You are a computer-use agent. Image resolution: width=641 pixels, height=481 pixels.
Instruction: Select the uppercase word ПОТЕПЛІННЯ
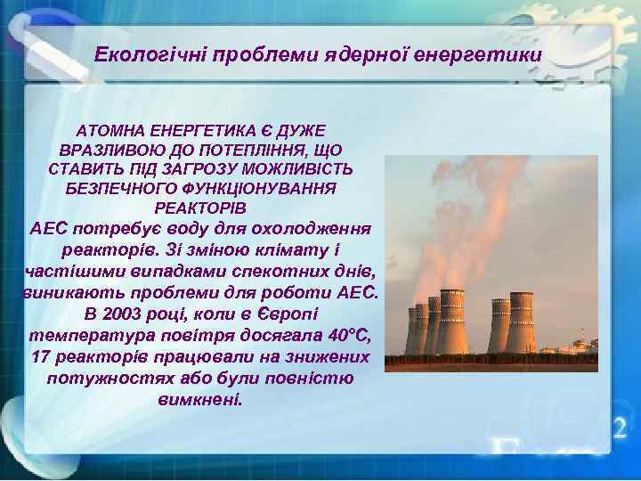(257, 151)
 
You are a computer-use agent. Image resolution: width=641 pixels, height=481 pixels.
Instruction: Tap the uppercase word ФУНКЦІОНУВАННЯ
(260, 189)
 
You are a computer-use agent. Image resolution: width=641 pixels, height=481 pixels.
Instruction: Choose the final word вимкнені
(199, 400)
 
